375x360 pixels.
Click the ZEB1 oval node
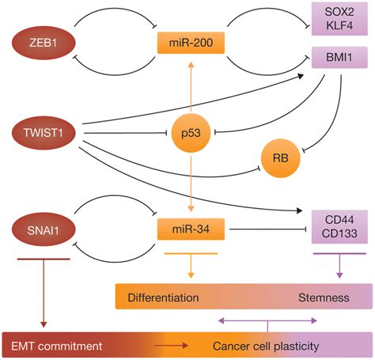pos(44,43)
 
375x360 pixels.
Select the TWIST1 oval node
pos(44,132)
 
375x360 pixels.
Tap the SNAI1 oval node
pos(44,230)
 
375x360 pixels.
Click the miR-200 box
pos(191,43)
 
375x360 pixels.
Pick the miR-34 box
pos(191,229)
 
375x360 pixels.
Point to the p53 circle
pos(191,133)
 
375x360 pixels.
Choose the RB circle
pos(281,158)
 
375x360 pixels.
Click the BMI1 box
pos(339,57)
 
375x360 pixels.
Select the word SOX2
pos(339,12)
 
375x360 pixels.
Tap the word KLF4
pos(339,25)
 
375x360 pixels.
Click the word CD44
pos(339,220)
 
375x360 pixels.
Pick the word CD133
pos(339,233)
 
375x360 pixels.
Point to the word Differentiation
pos(163,297)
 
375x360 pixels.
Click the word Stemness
pos(324,297)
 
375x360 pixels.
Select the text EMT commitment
pos(56,347)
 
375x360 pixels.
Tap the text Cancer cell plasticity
pos(266,347)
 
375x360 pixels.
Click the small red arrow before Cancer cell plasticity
pos(171,346)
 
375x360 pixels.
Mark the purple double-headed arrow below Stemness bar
pos(267,320)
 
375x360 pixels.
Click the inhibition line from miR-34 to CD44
pos(267,229)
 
